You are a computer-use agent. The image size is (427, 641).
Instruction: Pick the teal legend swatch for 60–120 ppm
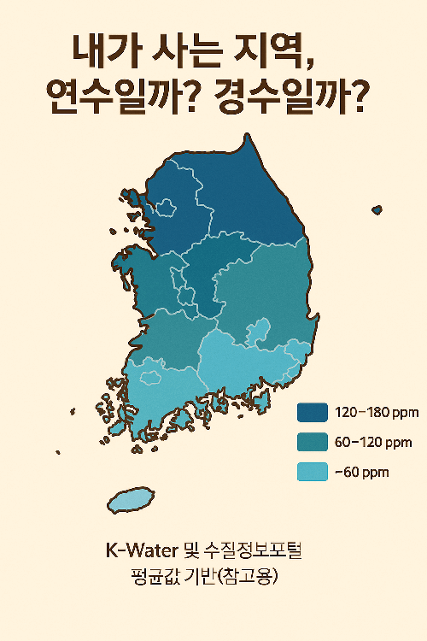click(x=312, y=443)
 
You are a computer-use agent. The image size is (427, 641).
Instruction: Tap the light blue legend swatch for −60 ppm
click(x=312, y=471)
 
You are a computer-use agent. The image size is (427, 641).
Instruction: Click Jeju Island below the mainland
click(x=130, y=501)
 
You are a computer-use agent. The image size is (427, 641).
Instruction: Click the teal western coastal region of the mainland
click(x=154, y=291)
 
